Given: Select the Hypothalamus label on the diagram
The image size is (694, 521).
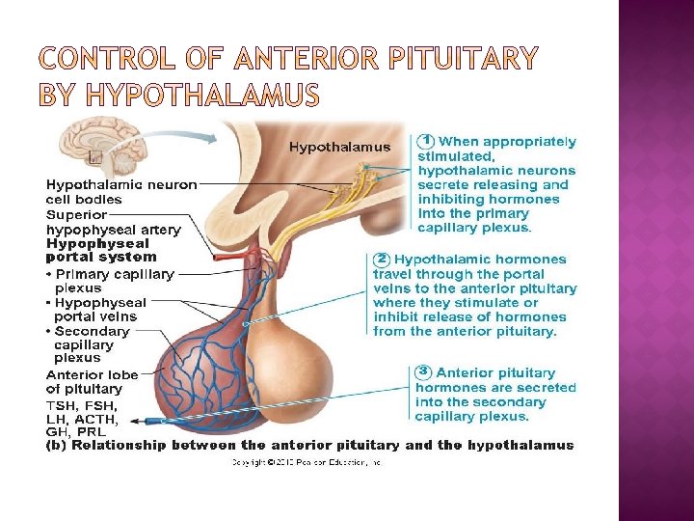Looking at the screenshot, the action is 340,147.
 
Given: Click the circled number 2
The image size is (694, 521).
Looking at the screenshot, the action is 382,259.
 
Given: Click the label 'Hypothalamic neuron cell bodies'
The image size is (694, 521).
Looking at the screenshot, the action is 121,192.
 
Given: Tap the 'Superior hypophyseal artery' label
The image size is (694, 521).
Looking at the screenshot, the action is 113,222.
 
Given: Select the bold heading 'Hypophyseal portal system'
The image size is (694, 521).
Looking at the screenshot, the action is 101,251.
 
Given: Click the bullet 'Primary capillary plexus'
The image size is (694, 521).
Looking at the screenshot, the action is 111,281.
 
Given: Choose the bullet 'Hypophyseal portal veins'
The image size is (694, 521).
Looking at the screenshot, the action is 97,309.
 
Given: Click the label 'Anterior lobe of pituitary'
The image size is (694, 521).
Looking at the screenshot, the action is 92,382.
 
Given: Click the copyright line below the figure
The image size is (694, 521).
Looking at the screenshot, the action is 307,463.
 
